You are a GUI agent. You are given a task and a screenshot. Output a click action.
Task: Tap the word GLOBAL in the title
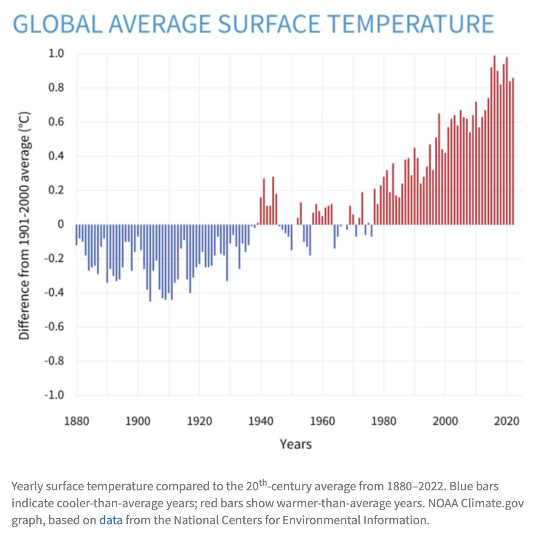[58, 24]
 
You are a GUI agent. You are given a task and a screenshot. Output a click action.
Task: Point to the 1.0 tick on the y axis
[56, 53]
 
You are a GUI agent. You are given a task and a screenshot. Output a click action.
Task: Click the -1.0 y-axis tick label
[54, 395]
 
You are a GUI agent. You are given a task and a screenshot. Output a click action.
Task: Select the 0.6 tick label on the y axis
[56, 122]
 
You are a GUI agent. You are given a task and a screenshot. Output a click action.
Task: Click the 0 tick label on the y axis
[61, 224]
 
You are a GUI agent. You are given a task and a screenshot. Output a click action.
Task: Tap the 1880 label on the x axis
[76, 421]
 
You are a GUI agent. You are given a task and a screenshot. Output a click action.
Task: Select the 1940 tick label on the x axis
[261, 421]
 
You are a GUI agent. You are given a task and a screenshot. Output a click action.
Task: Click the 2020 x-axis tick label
[507, 421]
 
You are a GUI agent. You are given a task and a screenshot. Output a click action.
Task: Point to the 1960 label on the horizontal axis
[322, 421]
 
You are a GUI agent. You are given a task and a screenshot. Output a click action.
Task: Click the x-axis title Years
[296, 444]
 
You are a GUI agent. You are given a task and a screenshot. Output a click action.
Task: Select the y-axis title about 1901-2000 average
[25, 225]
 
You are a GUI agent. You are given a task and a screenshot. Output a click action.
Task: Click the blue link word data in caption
[111, 520]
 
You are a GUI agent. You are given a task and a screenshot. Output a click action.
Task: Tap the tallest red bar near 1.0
[494, 140]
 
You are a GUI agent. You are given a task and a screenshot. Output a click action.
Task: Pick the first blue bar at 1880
[77, 235]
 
